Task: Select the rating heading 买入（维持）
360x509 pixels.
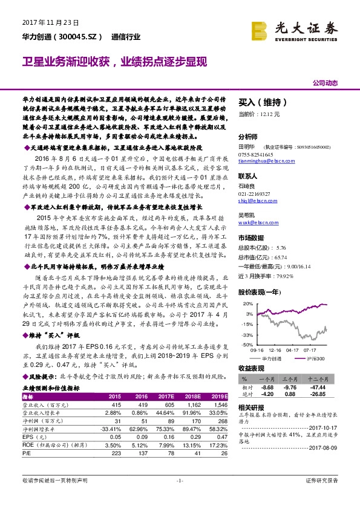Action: click(x=257, y=103)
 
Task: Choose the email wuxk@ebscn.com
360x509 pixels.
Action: click(x=256, y=223)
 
